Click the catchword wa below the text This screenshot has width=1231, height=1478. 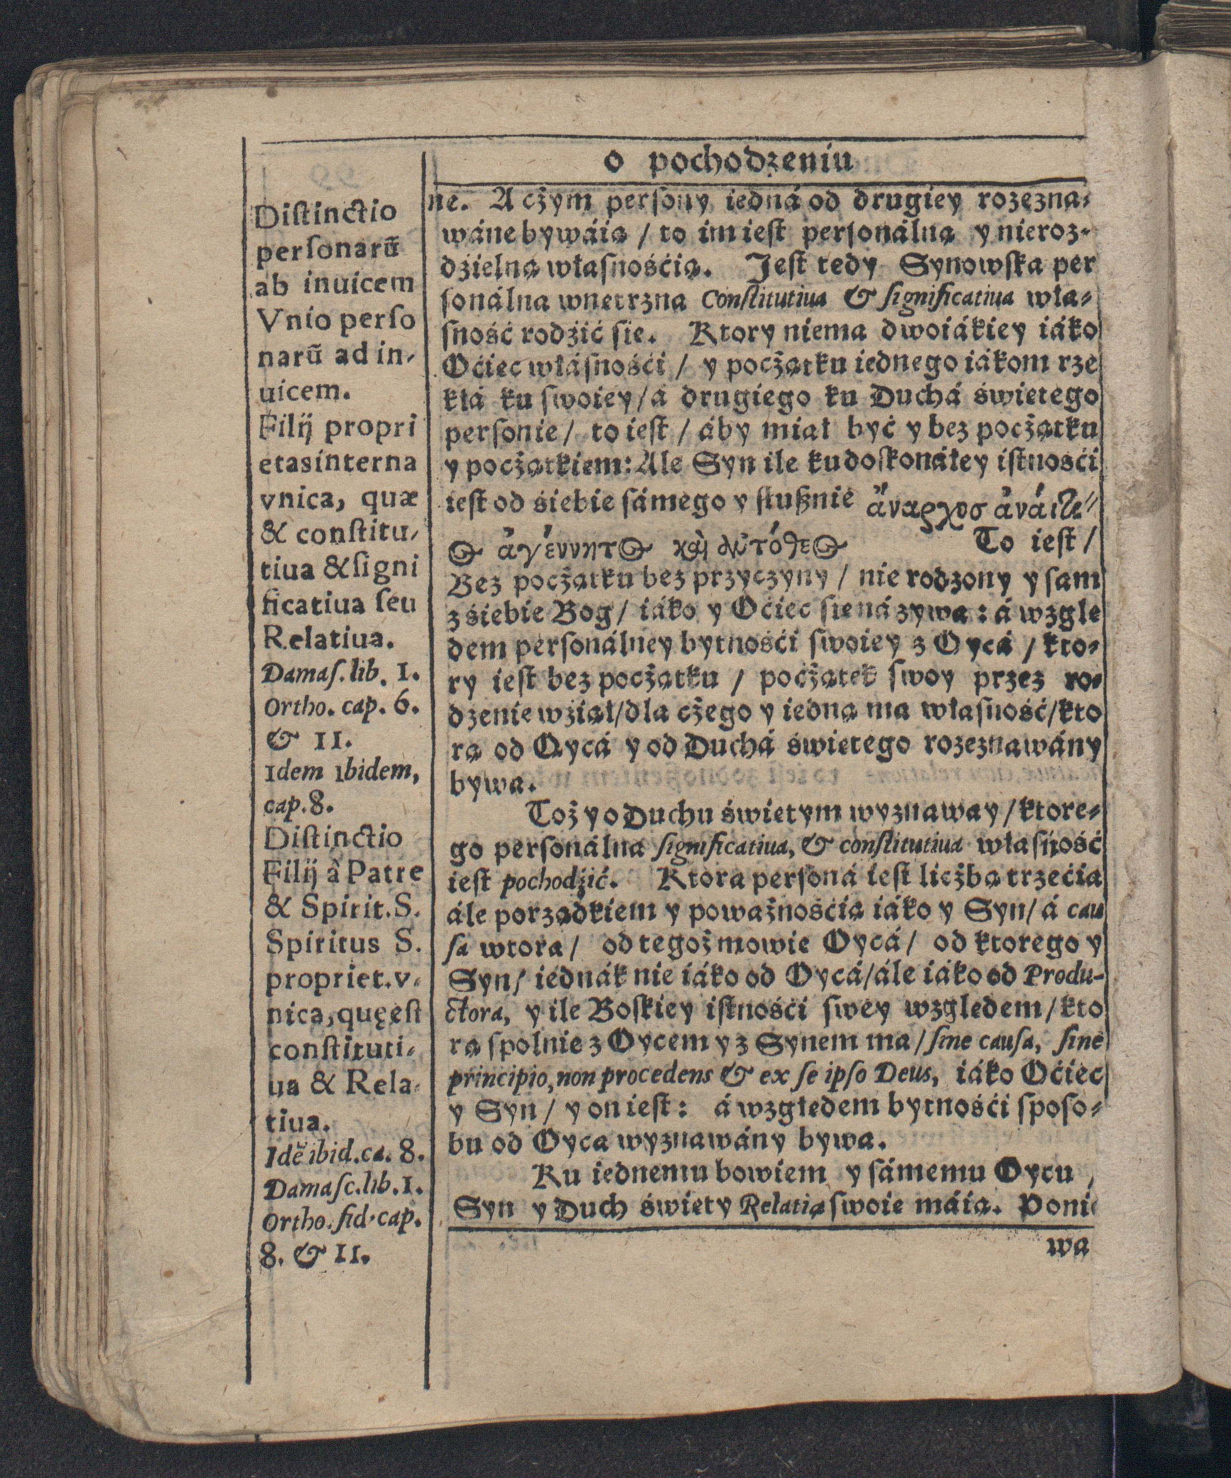(1068, 1248)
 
